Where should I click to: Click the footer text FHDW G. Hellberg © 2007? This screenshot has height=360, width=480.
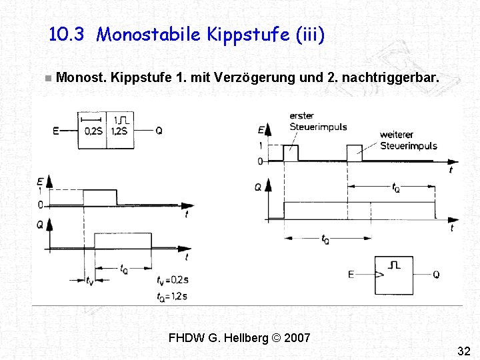pyautogui.click(x=239, y=337)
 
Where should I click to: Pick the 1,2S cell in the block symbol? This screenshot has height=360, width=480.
pyautogui.click(x=120, y=131)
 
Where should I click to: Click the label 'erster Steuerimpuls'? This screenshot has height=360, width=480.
pyautogui.click(x=317, y=121)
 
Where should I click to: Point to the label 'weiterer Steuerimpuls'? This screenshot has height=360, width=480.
pyautogui.click(x=408, y=141)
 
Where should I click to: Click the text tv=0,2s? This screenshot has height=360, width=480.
pyautogui.click(x=173, y=280)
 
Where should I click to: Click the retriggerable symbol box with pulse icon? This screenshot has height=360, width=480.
pyautogui.click(x=394, y=275)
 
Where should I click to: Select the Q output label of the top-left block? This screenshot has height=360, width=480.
pyautogui.click(x=159, y=131)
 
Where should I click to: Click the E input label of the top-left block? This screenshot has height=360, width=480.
pyautogui.click(x=56, y=131)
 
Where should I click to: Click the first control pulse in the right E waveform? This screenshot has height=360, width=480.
pyautogui.click(x=291, y=153)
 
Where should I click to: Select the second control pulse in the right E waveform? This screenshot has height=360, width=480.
pyautogui.click(x=355, y=153)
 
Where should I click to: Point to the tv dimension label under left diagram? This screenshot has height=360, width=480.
pyautogui.click(x=90, y=281)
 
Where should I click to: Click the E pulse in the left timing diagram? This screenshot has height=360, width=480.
pyautogui.click(x=100, y=197)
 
